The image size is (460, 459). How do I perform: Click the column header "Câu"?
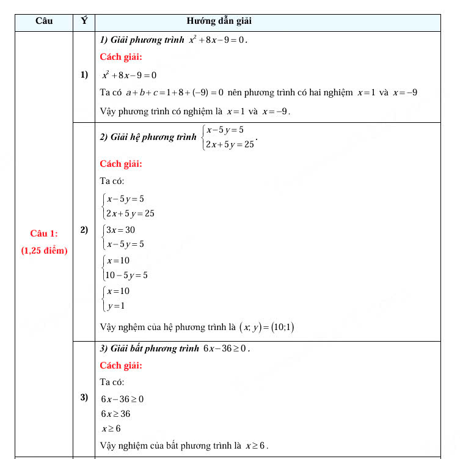click(x=44, y=21)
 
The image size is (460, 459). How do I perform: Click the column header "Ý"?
click(x=84, y=21)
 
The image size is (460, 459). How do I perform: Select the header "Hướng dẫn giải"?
click(x=219, y=21)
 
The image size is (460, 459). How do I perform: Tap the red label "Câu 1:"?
click(x=44, y=233)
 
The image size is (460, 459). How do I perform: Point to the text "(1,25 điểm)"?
click(x=44, y=251)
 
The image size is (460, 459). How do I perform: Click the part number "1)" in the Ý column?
click(x=84, y=75)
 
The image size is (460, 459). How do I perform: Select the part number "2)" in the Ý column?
click(x=84, y=230)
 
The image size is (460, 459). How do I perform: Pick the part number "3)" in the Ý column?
click(x=84, y=398)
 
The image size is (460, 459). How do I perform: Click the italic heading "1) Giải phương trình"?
click(x=142, y=40)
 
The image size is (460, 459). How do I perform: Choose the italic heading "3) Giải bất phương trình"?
click(x=150, y=349)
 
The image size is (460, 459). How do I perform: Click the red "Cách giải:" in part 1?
click(x=121, y=57)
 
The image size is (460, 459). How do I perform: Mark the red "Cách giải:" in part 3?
click(x=121, y=365)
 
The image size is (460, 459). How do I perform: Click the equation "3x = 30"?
click(x=120, y=230)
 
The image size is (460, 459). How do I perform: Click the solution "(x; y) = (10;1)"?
click(x=266, y=328)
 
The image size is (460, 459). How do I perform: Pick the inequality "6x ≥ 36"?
click(x=116, y=414)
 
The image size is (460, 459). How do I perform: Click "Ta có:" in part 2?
click(x=112, y=181)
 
